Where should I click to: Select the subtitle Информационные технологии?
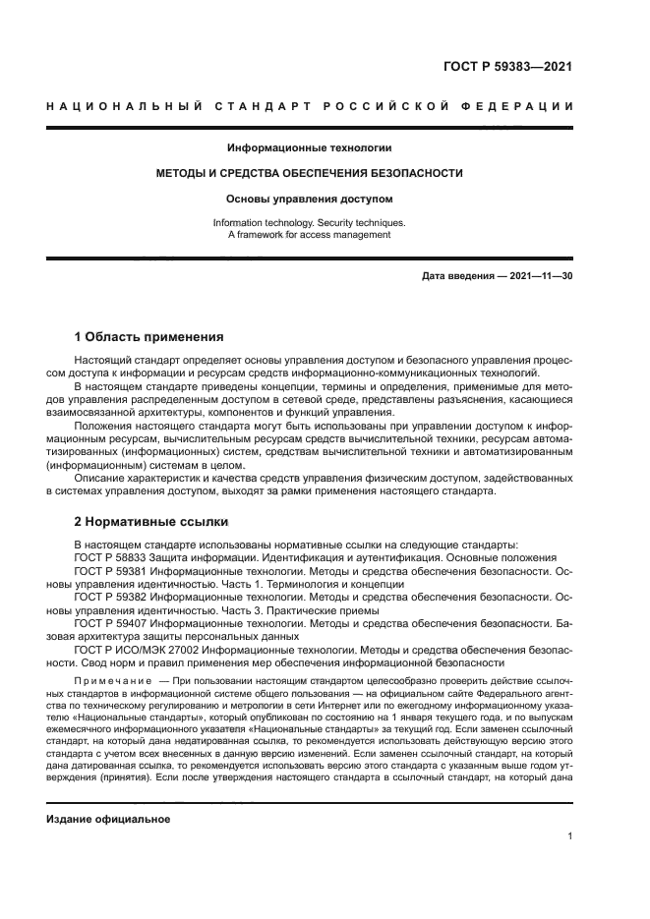pos(310,148)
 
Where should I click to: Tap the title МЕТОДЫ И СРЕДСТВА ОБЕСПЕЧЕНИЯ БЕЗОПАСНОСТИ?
pos(310,173)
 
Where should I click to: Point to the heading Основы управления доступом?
pos(310,198)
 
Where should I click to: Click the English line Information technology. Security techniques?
pos(310,223)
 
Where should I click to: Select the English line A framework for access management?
pos(310,235)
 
